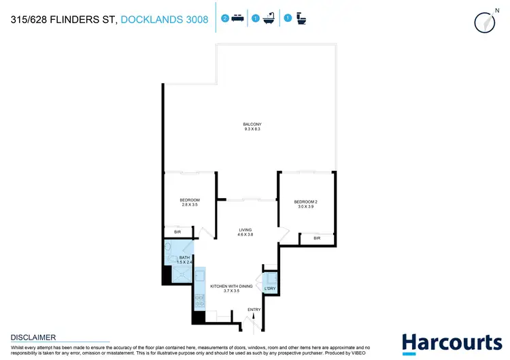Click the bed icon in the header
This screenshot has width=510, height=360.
pos(236,19)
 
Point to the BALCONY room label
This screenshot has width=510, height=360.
pos(252,124)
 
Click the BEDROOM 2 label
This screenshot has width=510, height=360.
pos(306,202)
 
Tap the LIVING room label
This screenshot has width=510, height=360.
pos(245,229)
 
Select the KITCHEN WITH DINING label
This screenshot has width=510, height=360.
pos(231,286)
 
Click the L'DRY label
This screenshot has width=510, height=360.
pos(269,289)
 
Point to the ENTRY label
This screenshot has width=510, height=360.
pos(254,310)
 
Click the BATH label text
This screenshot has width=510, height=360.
pos(185,257)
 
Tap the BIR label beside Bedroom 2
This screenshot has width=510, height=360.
pos(317,238)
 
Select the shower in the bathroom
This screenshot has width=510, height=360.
pos(181,274)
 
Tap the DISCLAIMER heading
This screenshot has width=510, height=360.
pos(33,337)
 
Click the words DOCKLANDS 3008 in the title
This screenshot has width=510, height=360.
pos(165,20)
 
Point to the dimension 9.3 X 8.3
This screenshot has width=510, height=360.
pos(252,129)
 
